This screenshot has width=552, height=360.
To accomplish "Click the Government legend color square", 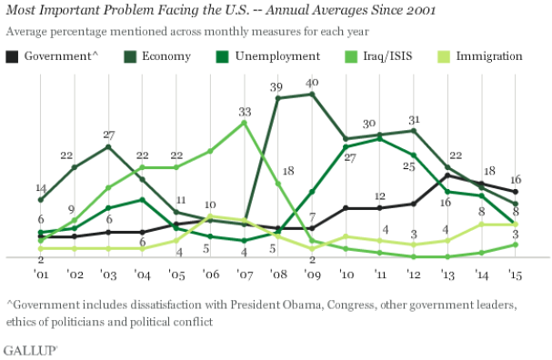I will [x=12, y=56].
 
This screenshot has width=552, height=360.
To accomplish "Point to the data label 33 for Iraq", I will [x=244, y=112].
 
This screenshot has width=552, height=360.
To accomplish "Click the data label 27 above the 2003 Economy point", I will [x=109, y=135].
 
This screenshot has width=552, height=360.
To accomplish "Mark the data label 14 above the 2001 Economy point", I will [x=41, y=188].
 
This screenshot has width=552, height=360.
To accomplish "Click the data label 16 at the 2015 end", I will [x=515, y=179].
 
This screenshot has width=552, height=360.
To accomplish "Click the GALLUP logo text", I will [x=31, y=349].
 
